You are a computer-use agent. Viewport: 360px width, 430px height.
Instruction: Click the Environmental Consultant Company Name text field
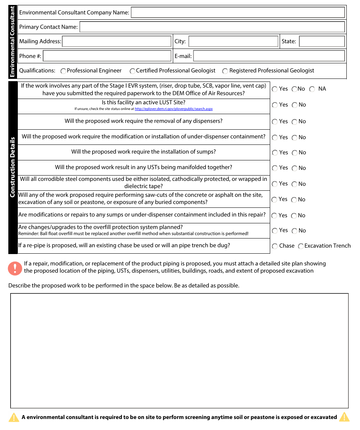[x=238, y=13]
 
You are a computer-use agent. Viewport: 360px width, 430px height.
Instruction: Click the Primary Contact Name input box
[x=212, y=27]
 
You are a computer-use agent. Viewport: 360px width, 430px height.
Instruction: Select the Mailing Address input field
[x=117, y=41]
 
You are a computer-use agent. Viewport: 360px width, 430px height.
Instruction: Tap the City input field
[x=233, y=41]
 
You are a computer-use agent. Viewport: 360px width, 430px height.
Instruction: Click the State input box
[x=322, y=41]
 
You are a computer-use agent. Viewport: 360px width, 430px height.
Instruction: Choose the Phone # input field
[x=107, y=56]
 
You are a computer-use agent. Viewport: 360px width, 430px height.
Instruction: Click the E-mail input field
[x=269, y=56]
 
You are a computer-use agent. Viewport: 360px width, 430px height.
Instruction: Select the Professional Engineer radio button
[x=63, y=71]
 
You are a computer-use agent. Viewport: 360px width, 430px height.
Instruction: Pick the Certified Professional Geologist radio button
[x=132, y=71]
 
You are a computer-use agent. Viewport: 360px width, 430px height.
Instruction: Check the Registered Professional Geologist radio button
[x=225, y=71]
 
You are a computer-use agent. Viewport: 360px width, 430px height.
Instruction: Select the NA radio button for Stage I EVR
[x=312, y=89]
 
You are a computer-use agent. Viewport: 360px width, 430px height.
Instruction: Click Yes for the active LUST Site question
[x=275, y=105]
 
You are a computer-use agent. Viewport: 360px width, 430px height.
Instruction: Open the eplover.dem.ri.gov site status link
[x=174, y=109]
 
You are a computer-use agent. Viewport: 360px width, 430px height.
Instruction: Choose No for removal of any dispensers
[x=294, y=122]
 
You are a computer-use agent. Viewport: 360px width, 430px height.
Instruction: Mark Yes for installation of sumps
[x=275, y=153]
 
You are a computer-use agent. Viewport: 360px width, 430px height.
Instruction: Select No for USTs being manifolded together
[x=294, y=168]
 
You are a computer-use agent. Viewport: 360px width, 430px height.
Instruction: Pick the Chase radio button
[x=275, y=246]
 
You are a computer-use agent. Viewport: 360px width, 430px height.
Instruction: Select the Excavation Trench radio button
[x=301, y=246]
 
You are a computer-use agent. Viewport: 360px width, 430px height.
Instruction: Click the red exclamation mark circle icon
[x=15, y=268]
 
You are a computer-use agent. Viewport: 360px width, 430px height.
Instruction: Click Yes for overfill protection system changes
[x=275, y=231]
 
